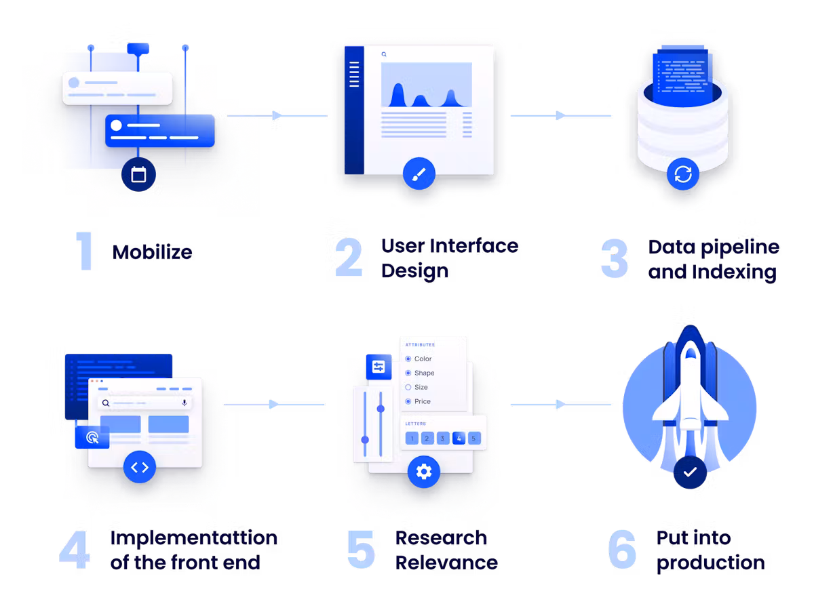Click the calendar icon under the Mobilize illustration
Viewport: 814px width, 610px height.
tap(138, 175)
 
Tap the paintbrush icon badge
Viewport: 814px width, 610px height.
tap(419, 174)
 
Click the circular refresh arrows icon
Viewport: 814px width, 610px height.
tap(682, 174)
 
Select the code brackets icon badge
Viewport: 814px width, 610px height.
tap(140, 467)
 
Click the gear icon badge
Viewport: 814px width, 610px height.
tap(424, 471)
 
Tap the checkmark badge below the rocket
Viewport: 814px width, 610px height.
tap(690, 472)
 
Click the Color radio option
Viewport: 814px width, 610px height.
tap(408, 359)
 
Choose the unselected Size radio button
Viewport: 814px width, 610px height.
tap(408, 387)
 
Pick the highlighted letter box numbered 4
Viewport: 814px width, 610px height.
tap(459, 439)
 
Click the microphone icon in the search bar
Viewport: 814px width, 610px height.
tap(184, 403)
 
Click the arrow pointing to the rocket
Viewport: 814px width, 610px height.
tap(560, 405)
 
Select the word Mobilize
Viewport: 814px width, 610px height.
tap(153, 253)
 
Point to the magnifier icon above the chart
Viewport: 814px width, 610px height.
tap(384, 54)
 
